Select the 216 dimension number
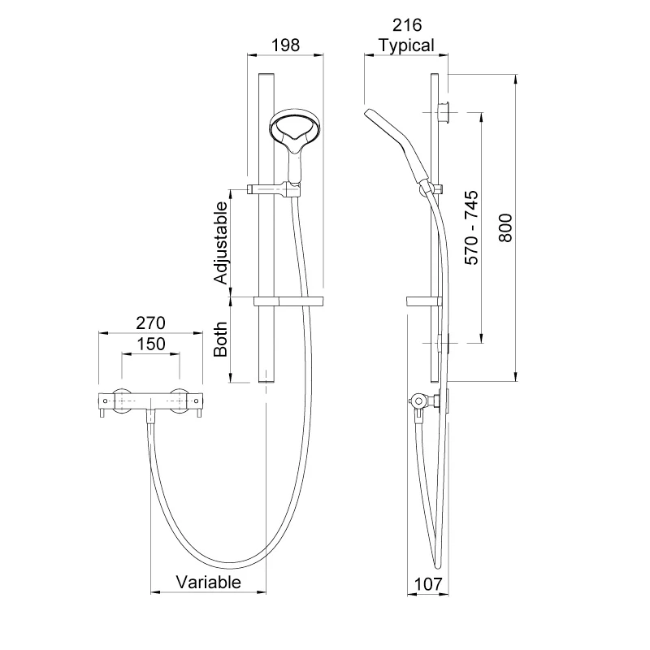click(x=406, y=28)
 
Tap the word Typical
click(x=406, y=46)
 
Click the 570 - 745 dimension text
click(x=470, y=227)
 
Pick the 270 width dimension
click(x=150, y=322)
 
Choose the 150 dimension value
click(x=150, y=344)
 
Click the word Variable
click(x=209, y=582)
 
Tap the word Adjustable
click(x=220, y=242)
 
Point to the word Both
click(x=220, y=339)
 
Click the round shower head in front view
click(x=294, y=130)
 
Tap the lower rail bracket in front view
click(x=290, y=301)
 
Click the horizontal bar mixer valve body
click(x=150, y=402)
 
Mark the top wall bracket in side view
click(x=444, y=112)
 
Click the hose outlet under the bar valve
click(x=151, y=418)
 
